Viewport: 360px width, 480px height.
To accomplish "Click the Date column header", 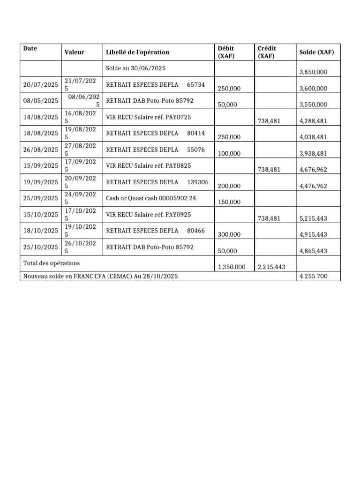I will tap(30, 48).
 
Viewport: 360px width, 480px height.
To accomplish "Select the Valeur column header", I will tap(74, 52).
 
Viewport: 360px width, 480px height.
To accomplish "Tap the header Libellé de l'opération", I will tap(137, 52).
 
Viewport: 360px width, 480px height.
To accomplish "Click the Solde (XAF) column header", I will tap(316, 52).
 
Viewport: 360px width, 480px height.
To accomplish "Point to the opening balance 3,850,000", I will tap(313, 72).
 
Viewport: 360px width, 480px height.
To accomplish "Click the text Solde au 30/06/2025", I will tap(135, 68).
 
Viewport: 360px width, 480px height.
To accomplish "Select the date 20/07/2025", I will tap(41, 84).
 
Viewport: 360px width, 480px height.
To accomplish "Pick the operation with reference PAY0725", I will tap(149, 117).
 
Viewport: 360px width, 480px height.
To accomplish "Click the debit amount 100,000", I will tap(229, 153).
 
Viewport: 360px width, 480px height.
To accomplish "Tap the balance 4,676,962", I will tap(313, 170).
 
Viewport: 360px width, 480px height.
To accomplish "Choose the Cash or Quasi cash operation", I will tap(151, 198).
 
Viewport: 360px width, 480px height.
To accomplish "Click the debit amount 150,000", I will tap(229, 202).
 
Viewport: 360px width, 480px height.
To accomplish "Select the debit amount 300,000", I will tap(229, 234).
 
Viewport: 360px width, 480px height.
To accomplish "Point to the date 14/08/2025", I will tap(41, 117).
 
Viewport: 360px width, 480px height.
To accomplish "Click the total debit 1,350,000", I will tap(232, 267).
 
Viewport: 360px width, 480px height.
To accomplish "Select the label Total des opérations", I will tap(52, 263).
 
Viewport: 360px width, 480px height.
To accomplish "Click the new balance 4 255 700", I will tap(313, 277).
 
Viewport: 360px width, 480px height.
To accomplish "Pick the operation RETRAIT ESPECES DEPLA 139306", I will tap(157, 182).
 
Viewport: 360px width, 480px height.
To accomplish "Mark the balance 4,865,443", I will tap(313, 251).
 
